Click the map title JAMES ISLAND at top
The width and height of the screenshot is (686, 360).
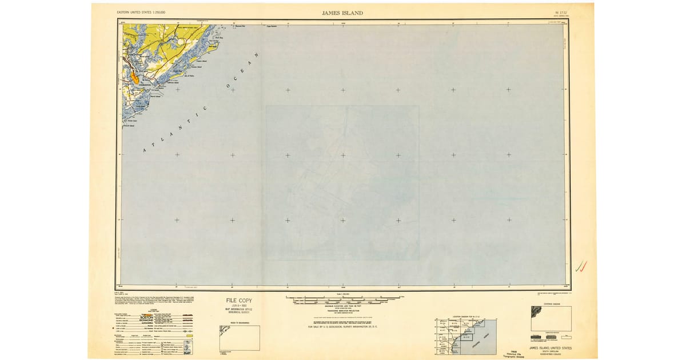342,13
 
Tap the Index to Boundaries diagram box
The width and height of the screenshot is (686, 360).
240,338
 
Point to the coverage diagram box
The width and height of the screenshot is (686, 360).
551,318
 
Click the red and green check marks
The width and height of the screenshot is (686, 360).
581,265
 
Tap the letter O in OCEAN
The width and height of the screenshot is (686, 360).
229,87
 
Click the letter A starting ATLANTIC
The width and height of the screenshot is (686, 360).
145,150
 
